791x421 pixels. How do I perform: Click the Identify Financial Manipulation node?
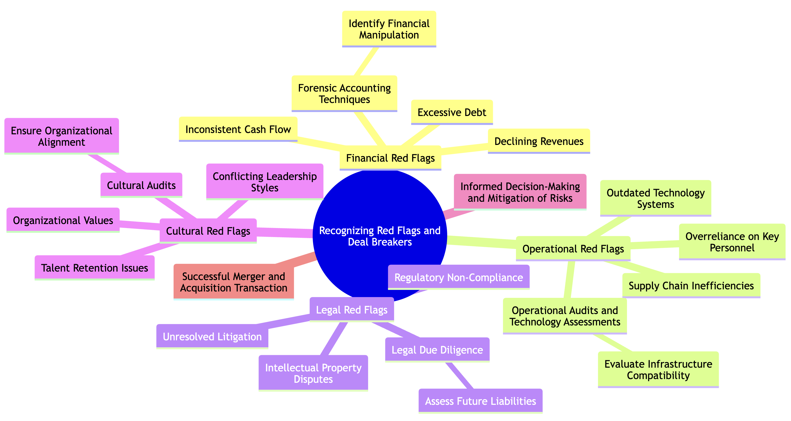coord(389,29)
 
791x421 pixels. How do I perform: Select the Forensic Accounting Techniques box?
coord(344,94)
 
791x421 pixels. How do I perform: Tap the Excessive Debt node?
coord(452,112)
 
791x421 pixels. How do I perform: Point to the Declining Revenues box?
coord(539,141)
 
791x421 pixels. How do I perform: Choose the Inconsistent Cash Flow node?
coord(238,129)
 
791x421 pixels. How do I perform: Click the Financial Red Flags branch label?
coord(390,158)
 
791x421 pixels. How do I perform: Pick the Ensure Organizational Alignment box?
coord(61,136)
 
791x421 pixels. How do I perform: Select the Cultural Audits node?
coord(141,185)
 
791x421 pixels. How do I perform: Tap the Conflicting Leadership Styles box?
coord(265,182)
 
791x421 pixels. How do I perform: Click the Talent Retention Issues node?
coord(94,268)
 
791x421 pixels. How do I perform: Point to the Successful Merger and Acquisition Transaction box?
coord(234,282)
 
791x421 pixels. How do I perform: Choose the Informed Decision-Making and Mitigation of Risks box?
coord(520,192)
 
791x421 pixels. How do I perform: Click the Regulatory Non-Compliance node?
coord(459,277)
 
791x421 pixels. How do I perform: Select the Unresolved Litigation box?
coord(212,337)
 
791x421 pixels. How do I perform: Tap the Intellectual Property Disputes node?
coord(313,373)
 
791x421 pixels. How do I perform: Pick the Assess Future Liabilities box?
coord(480,401)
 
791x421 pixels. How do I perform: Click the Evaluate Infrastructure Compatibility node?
coord(658,370)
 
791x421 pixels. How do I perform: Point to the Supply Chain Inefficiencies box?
coord(691,286)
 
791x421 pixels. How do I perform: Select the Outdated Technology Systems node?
coord(656,198)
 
